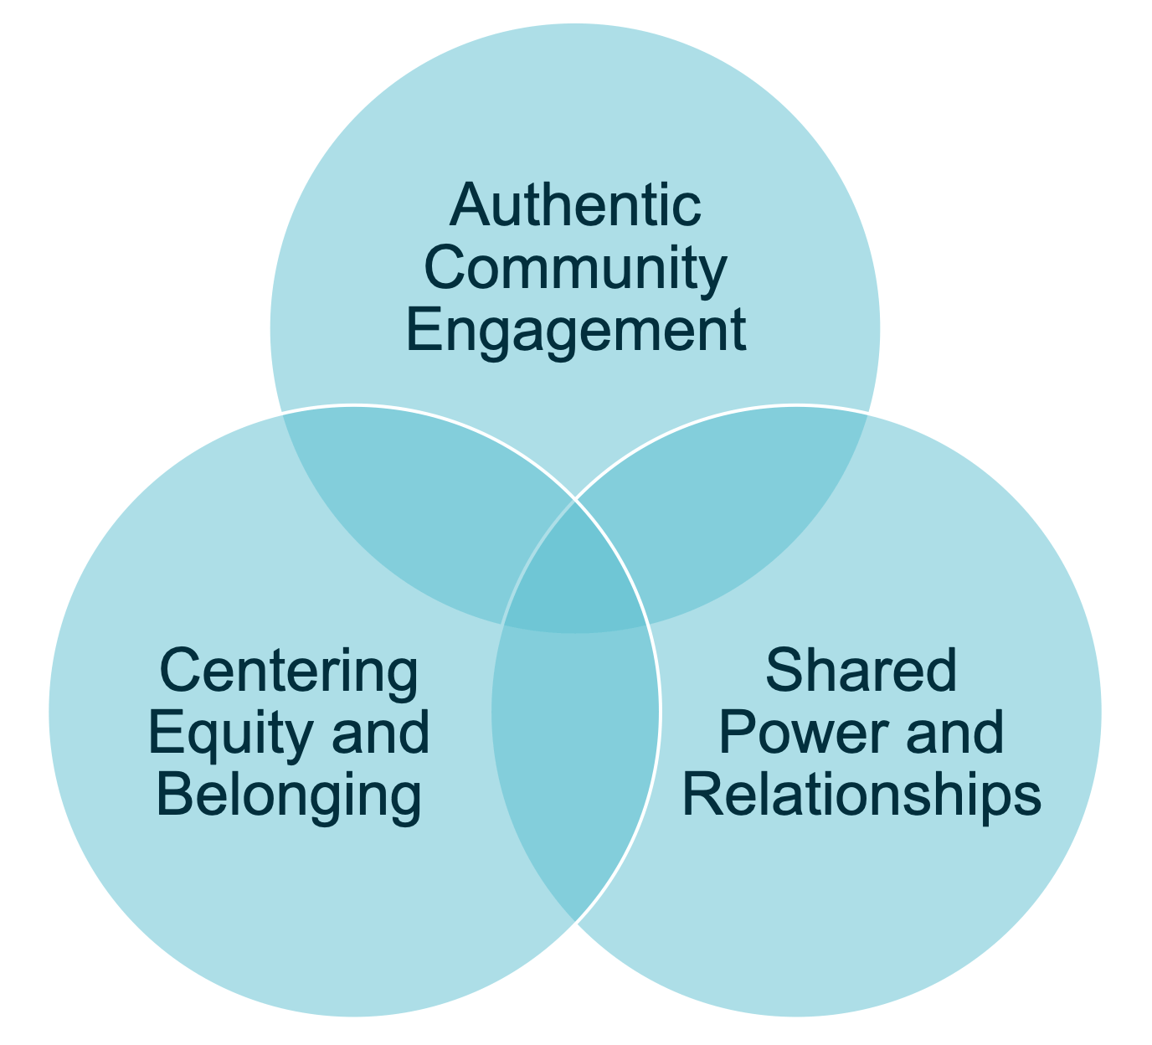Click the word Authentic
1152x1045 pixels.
(x=575, y=205)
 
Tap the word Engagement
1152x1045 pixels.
(x=575, y=331)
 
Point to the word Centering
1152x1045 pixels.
(x=288, y=672)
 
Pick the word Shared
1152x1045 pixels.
(x=861, y=672)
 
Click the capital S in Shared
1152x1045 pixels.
(x=783, y=672)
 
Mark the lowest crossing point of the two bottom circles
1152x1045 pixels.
(x=575, y=921)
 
